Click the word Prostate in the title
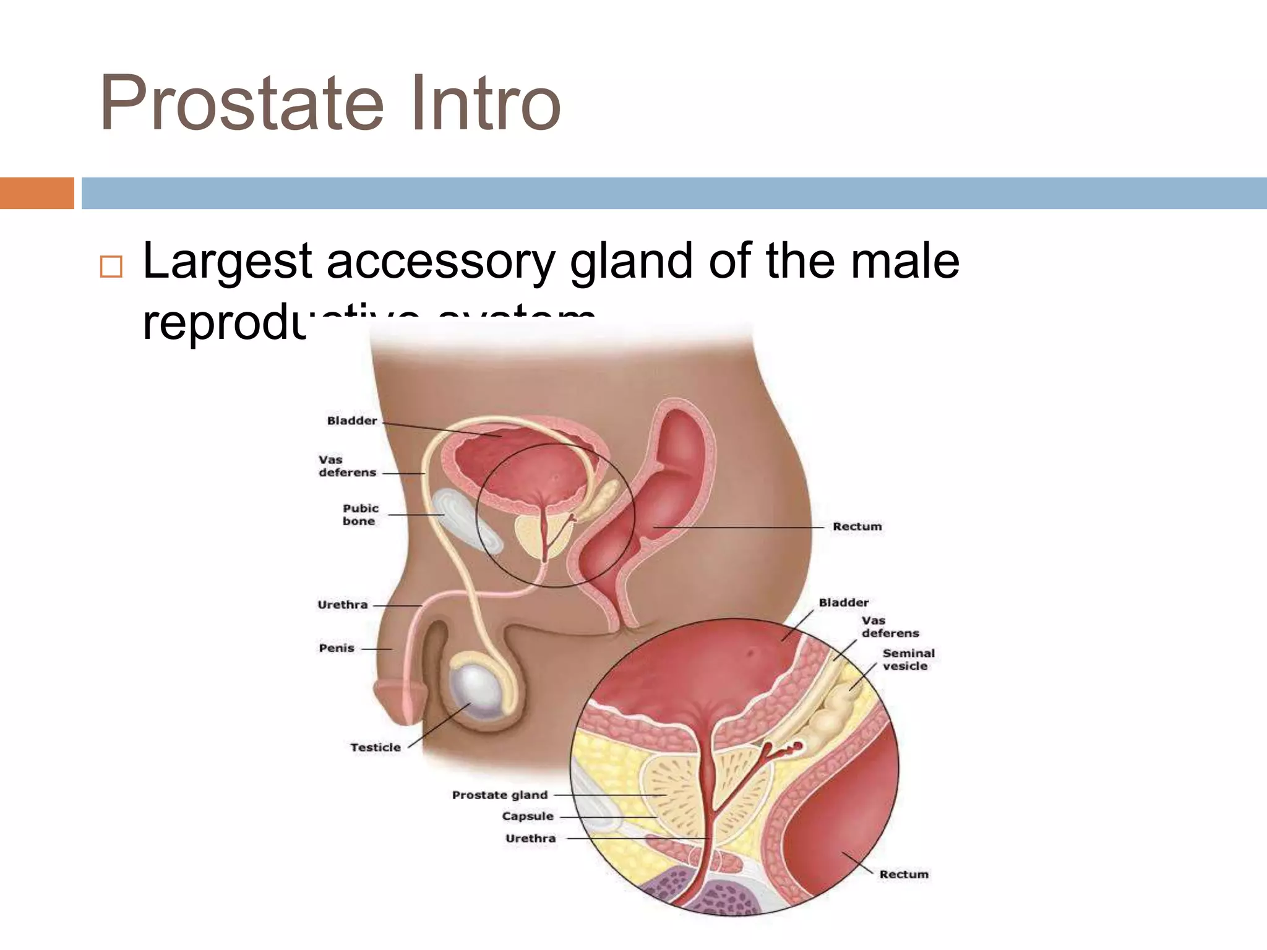click(241, 103)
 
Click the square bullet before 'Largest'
click(111, 267)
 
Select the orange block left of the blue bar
click(37, 193)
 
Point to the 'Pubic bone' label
click(360, 515)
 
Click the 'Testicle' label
click(375, 747)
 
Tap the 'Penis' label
click(337, 648)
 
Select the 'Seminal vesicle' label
click(908, 659)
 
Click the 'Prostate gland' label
click(500, 795)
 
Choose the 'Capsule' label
click(528, 816)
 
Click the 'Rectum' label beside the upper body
click(857, 526)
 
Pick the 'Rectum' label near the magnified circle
click(904, 874)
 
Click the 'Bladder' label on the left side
click(351, 421)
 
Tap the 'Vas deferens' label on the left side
click(346, 466)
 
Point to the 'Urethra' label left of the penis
click(342, 605)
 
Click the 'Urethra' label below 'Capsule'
click(530, 839)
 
